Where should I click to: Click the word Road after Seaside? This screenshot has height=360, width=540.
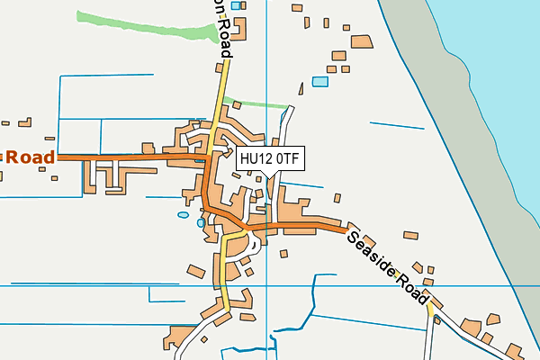411,288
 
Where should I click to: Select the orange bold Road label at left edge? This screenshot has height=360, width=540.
28,157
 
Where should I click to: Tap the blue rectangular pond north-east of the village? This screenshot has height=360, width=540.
320,81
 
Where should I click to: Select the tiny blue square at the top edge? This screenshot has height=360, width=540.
236,5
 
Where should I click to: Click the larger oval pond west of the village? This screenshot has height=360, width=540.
184,215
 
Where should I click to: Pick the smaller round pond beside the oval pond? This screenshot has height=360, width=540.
200,222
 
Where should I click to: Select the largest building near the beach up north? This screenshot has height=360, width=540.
362,41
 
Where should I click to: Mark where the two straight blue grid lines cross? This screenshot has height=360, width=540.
267,285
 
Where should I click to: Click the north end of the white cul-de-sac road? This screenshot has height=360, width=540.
290,110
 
